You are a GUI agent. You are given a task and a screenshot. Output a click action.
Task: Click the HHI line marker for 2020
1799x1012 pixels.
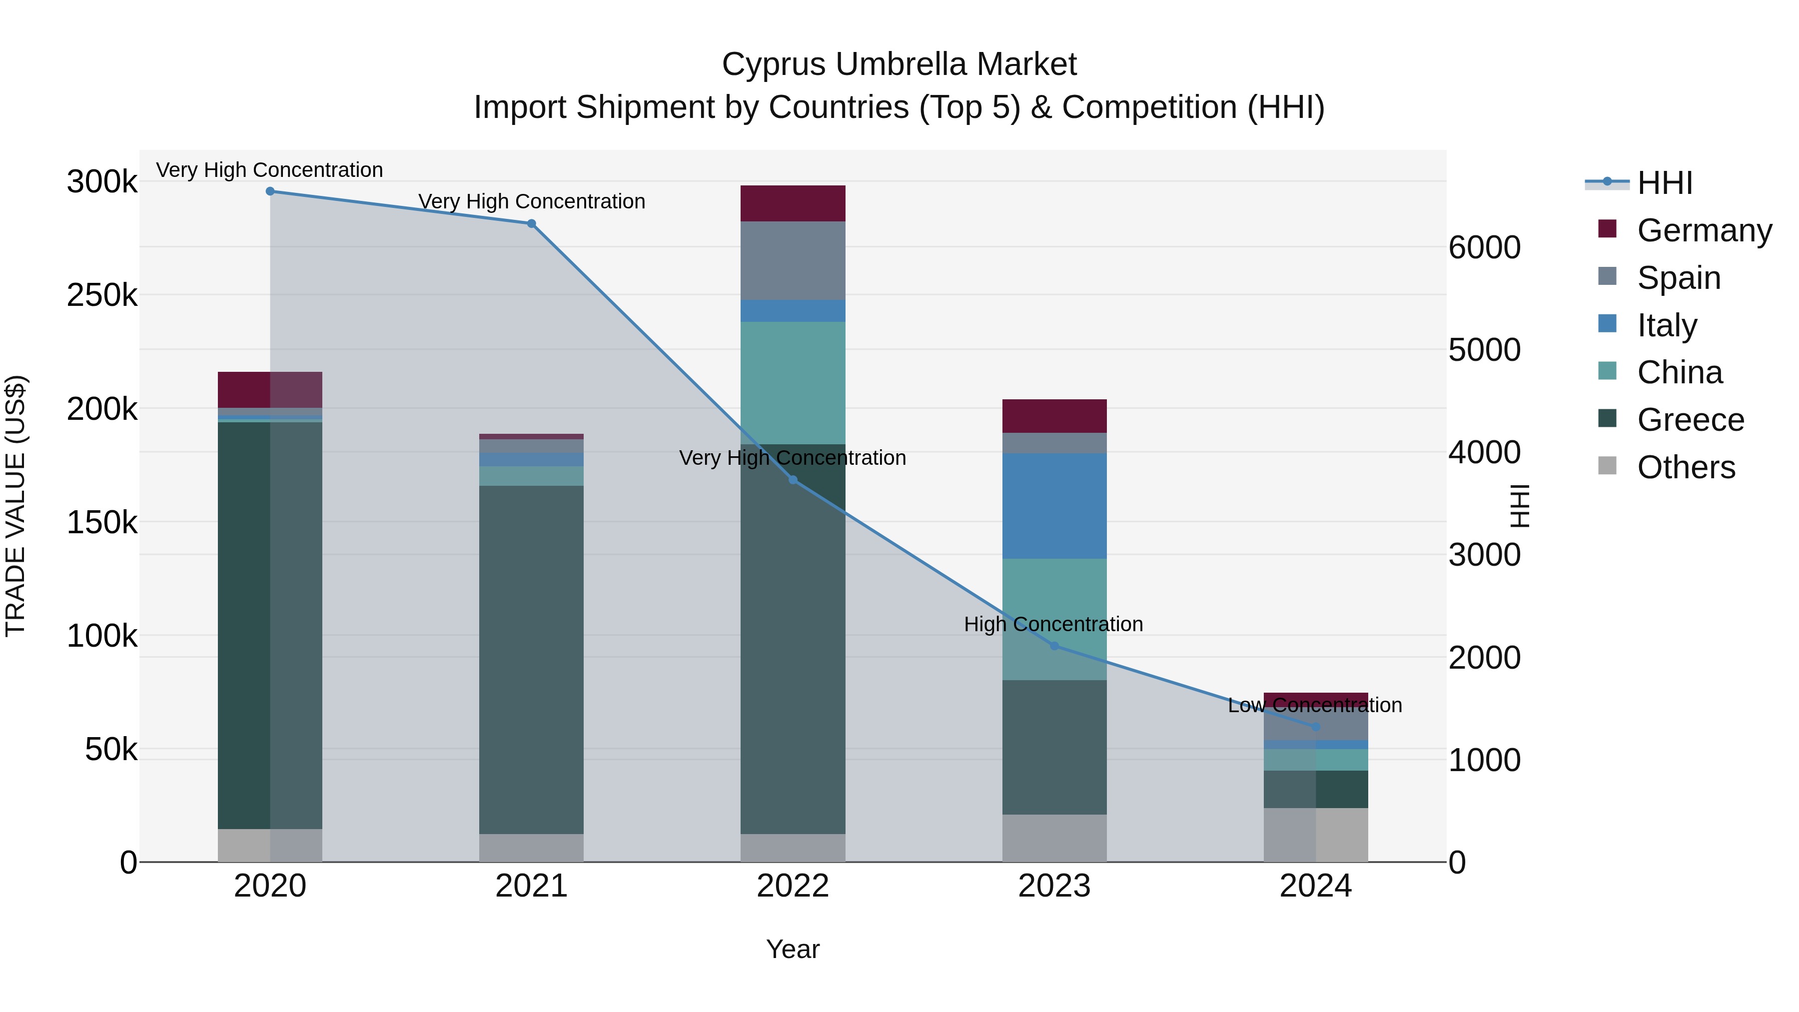pos(270,191)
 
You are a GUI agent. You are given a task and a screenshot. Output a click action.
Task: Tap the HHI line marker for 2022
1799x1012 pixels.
pos(793,480)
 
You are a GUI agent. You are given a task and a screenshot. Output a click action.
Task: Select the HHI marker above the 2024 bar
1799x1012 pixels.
pos(1316,727)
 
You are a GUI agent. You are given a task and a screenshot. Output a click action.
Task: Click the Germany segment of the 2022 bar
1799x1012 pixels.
pos(793,203)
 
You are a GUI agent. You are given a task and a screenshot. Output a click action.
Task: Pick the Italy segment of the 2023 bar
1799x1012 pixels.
pos(1054,506)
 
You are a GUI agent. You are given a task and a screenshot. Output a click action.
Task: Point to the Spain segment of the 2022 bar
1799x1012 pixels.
pos(793,260)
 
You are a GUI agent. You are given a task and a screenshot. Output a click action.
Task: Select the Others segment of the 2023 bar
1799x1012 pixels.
pos(1054,838)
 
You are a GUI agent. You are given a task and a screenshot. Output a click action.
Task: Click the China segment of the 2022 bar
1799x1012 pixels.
pos(793,383)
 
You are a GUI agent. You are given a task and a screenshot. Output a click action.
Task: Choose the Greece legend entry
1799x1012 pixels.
pos(1690,420)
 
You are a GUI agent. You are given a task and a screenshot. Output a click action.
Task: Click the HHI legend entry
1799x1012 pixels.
pos(1664,183)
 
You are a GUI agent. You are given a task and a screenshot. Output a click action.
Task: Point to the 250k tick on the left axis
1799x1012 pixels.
pos(102,295)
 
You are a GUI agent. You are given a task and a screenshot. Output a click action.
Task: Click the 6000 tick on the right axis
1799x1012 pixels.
pos(1484,247)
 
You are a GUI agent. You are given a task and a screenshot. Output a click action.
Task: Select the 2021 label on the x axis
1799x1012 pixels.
pos(532,886)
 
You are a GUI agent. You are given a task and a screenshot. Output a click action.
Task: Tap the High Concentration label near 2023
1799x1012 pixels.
pos(1053,624)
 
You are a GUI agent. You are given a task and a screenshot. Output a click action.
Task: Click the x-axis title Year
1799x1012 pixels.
pos(793,949)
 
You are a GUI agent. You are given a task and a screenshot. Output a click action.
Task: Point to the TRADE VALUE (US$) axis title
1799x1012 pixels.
pos(15,506)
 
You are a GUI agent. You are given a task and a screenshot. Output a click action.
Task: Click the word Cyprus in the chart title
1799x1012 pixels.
pos(774,64)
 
